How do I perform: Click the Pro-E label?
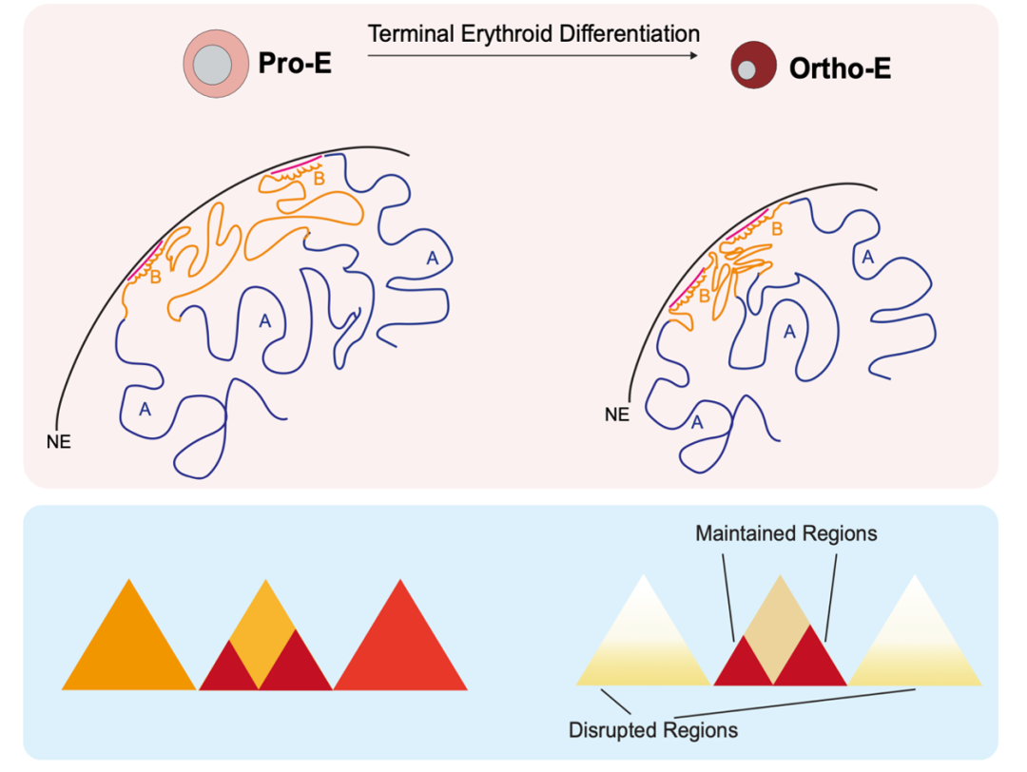tap(295, 65)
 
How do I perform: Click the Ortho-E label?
tap(840, 68)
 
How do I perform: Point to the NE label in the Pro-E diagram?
tap(58, 442)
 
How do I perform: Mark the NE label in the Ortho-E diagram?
tap(617, 415)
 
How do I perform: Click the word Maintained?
tap(743, 533)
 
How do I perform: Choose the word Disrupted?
tap(611, 730)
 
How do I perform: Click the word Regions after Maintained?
tap(837, 533)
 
